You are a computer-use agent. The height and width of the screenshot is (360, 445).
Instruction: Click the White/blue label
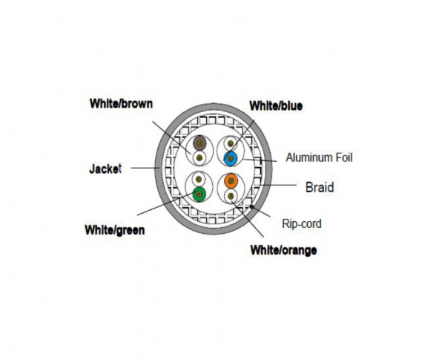276,106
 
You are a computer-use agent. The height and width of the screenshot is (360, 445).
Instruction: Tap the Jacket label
105,168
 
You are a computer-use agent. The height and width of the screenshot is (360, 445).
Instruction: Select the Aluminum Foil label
320,157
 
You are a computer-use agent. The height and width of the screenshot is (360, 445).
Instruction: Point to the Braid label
320,187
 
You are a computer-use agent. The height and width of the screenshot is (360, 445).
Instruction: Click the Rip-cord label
302,223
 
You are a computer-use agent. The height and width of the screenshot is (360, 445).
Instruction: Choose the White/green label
113,230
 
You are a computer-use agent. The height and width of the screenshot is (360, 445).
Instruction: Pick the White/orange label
284,250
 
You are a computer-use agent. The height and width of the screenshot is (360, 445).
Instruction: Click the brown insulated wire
200,143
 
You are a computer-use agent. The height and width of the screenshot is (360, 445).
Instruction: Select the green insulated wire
199,195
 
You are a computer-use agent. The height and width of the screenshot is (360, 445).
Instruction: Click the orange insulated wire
231,180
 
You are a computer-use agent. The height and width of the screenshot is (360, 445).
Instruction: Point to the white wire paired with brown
199,157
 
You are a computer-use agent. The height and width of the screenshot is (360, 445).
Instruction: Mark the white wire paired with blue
231,143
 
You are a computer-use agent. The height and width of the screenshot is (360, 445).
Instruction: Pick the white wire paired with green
199,180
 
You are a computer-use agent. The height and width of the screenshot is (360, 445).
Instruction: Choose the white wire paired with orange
231,195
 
